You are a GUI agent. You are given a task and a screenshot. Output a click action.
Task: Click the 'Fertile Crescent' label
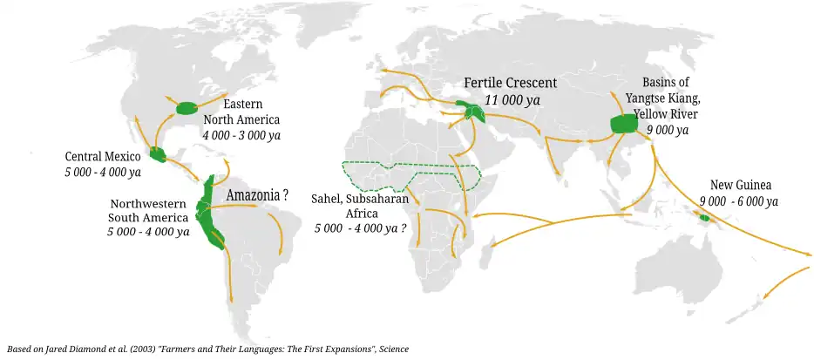tap(510, 83)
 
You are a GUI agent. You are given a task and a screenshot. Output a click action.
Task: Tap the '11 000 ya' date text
tap(512, 100)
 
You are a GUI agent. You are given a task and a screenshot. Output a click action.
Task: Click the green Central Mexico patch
tap(159, 155)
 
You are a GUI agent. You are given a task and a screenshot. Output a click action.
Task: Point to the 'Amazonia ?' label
tap(257, 194)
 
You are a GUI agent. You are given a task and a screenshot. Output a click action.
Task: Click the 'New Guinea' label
tap(741, 186)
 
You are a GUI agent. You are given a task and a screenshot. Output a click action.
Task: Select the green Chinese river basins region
tap(623, 123)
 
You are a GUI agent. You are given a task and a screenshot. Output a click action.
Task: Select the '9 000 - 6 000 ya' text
tap(738, 201)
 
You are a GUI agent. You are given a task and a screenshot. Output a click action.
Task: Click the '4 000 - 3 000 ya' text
tap(241, 135)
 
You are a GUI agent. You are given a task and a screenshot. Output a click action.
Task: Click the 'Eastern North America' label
tap(241, 112)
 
